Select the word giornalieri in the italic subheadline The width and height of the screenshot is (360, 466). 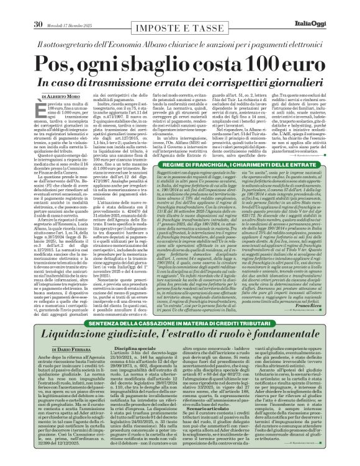tap(277, 83)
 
